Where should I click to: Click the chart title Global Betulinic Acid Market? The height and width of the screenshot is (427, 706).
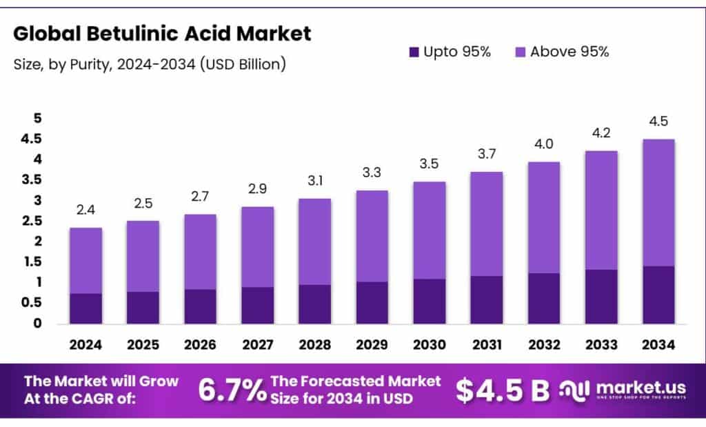162,33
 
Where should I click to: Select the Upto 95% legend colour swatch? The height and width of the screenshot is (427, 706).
414,52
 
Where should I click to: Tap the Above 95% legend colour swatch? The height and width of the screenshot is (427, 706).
521,52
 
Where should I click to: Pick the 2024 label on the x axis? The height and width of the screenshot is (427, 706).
85,344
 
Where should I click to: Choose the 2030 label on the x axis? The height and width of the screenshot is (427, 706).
430,344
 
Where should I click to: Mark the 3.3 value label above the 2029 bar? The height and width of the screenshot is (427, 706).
372,174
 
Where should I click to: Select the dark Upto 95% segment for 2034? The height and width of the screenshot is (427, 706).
659,295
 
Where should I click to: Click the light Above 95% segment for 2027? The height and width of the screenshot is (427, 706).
258,246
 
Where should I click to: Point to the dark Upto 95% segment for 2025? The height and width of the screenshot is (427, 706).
143,308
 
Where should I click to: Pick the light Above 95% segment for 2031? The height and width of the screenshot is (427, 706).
487,224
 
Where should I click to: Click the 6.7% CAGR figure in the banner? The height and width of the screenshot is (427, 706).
232,390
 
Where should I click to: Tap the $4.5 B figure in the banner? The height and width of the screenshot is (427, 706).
503,390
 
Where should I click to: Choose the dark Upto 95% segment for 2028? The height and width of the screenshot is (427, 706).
315,304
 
